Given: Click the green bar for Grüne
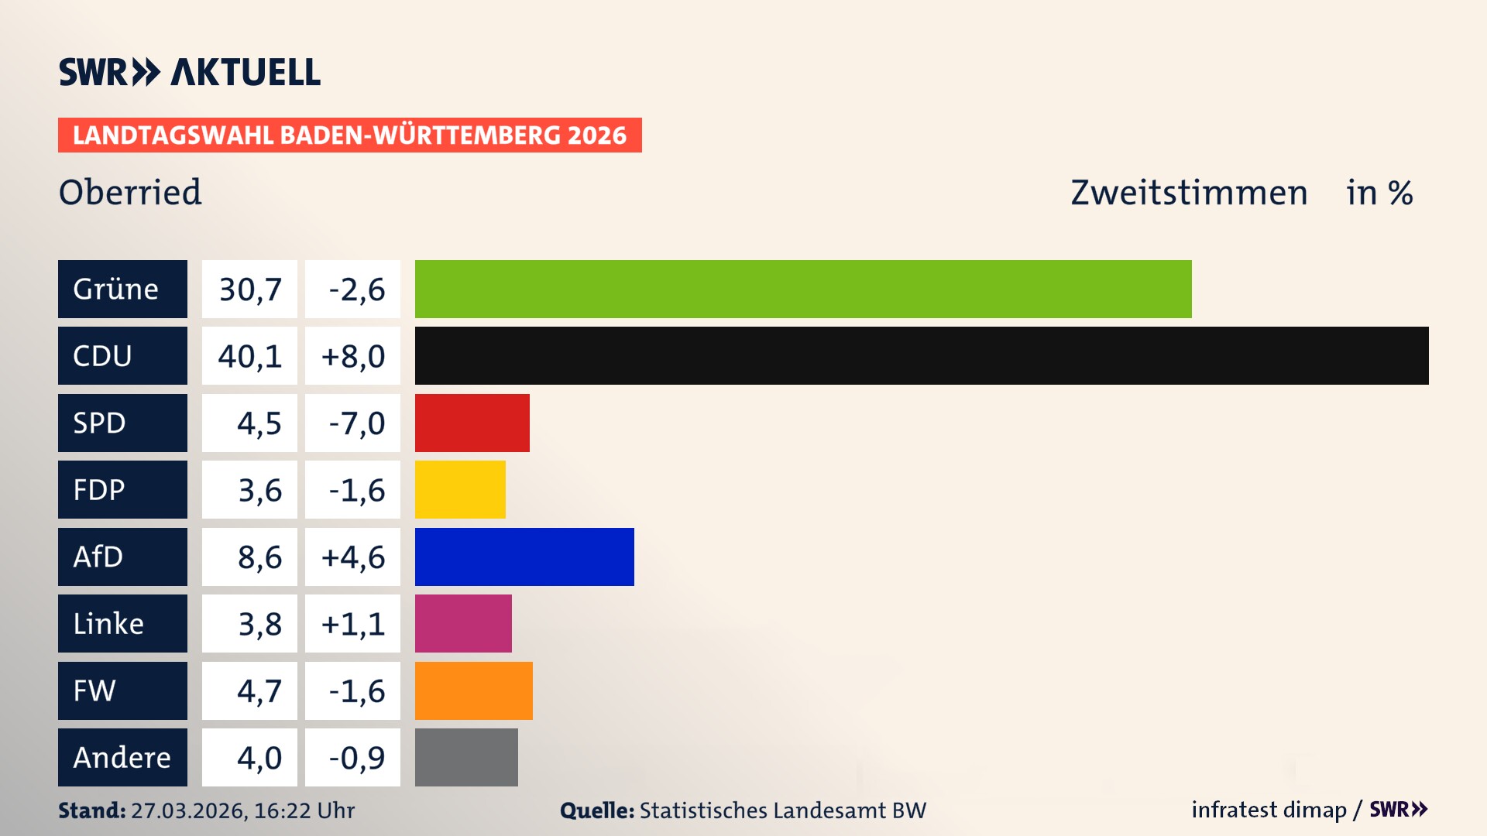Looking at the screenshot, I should (x=803, y=289).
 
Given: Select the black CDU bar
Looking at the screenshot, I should (x=922, y=356).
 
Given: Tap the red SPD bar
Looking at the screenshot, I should (x=472, y=423).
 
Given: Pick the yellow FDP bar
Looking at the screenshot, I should (x=460, y=490).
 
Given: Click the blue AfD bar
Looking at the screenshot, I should (x=524, y=557).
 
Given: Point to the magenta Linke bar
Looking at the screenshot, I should (x=463, y=624).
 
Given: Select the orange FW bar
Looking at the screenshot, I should (x=474, y=690).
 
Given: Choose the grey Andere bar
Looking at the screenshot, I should (x=466, y=757).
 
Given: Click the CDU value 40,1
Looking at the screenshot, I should (x=249, y=356).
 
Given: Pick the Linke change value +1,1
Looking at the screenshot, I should (x=353, y=624).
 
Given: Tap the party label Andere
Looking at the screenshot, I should (x=122, y=757).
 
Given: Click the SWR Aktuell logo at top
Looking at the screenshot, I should (x=190, y=72).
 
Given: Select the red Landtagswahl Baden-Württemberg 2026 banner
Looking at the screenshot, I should (x=349, y=135).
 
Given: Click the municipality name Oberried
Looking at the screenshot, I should (x=130, y=192).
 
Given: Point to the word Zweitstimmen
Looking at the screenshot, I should (x=1189, y=193).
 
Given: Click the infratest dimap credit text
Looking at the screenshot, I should (x=1269, y=810).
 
